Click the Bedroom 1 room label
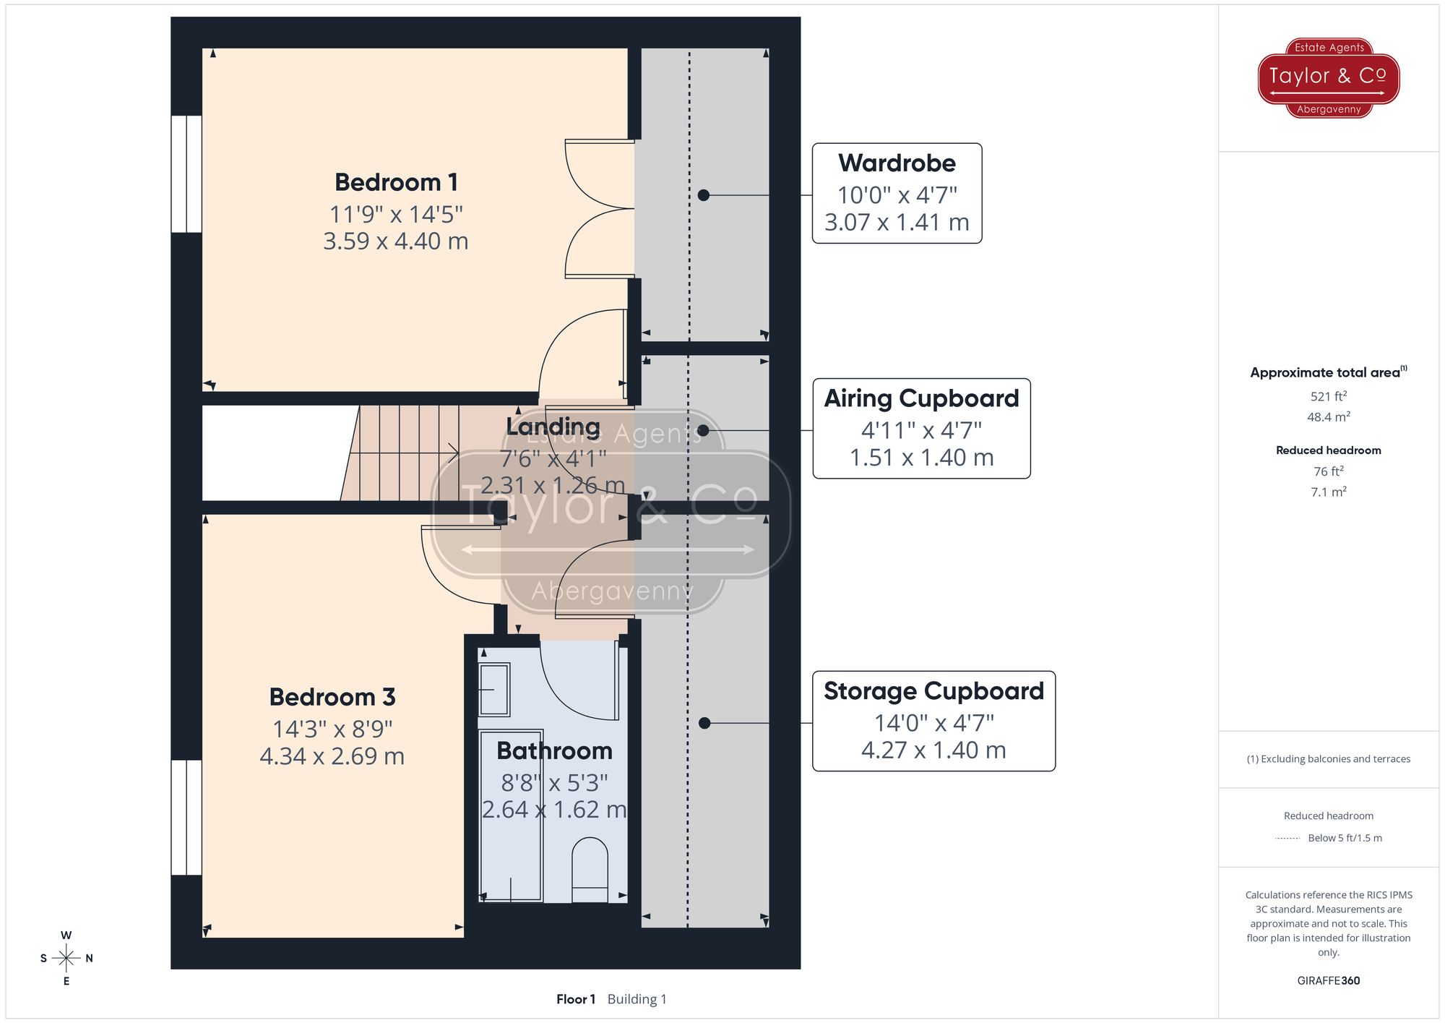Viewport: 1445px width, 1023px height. click(x=396, y=182)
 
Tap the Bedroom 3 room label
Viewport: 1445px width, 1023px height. click(x=332, y=697)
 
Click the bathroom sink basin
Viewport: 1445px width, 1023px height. click(x=494, y=689)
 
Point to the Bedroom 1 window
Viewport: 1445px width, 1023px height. click(x=186, y=174)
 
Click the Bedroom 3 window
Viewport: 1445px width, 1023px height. click(x=186, y=817)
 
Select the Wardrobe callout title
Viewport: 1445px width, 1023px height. click(x=897, y=163)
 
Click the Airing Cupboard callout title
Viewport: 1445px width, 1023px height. click(x=921, y=398)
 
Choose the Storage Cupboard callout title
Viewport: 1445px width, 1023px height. click(x=933, y=691)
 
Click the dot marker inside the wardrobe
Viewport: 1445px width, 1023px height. click(x=704, y=195)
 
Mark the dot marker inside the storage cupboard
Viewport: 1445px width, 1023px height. click(x=704, y=723)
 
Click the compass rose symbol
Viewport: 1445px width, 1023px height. click(x=66, y=958)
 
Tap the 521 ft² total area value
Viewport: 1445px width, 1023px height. click(x=1328, y=396)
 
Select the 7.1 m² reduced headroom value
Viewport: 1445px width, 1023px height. click(x=1328, y=492)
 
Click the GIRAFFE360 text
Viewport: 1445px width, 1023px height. click(x=1328, y=980)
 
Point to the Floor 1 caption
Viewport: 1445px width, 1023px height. click(x=576, y=999)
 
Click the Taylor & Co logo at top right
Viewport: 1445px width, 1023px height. click(x=1328, y=77)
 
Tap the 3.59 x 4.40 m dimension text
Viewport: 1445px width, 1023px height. click(x=396, y=241)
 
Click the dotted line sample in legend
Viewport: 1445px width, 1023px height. click(x=1287, y=839)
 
